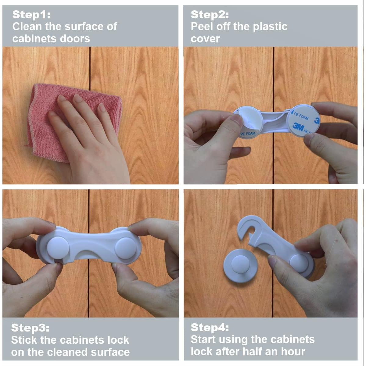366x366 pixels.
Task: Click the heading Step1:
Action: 31,14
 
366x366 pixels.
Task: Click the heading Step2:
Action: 210,14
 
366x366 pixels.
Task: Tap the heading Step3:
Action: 30,328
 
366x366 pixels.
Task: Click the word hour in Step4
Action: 293,351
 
